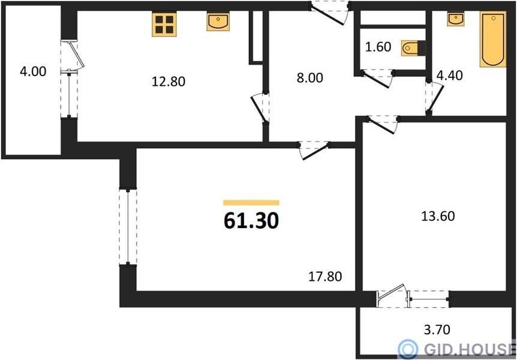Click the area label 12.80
169,81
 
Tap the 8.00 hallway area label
310,78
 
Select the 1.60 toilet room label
378,47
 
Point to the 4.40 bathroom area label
449,76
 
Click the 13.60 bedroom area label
438,216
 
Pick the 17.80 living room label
325,277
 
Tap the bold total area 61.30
251,221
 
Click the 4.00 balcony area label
33,71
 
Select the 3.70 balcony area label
437,329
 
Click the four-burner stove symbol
164,24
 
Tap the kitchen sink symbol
218,22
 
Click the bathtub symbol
493,39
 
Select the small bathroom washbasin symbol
456,19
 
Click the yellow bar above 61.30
251,203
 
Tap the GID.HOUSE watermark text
470,349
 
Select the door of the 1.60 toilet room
377,79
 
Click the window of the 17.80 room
128,227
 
